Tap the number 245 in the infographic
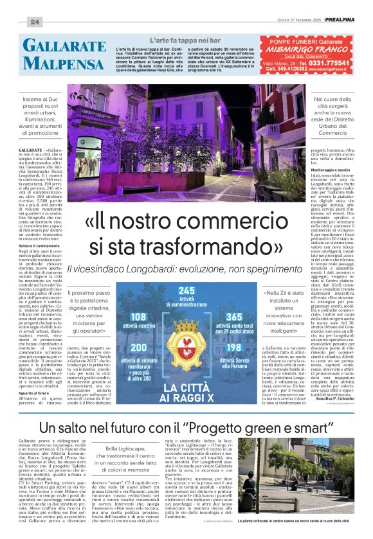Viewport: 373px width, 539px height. [x=186, y=291]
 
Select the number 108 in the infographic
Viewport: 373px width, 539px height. [x=138, y=316]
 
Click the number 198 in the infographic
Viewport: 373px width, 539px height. [x=233, y=347]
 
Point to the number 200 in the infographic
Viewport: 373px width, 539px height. [x=138, y=347]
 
